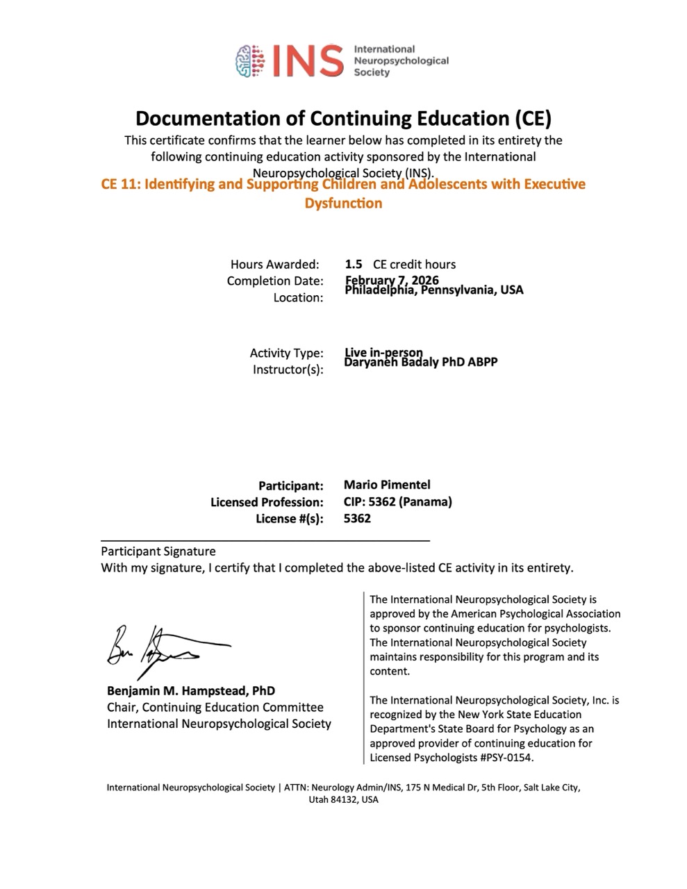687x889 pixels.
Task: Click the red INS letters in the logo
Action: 307,60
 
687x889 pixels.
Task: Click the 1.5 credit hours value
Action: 354,264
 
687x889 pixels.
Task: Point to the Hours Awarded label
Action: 275,264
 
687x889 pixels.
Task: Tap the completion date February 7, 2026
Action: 392,280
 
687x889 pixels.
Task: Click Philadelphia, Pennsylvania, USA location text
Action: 434,290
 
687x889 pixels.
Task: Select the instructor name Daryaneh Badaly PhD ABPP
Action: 421,362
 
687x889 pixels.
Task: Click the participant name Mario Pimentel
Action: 387,485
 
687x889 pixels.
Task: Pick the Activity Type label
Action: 286,353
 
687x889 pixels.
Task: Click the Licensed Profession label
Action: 267,501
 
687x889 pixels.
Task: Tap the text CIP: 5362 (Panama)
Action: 397,501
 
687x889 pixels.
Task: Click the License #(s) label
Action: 290,518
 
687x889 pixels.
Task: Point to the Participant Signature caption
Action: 158,551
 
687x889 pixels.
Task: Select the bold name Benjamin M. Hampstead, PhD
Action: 190,690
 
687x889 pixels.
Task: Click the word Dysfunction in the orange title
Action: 343,203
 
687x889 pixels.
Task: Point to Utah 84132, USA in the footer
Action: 343,799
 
